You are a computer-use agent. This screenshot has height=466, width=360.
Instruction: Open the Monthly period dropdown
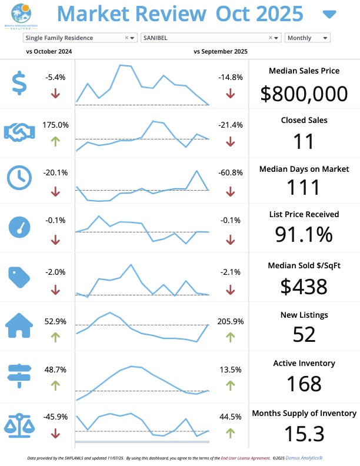pyautogui.click(x=307, y=38)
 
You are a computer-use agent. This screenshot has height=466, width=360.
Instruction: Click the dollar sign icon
pyautogui.click(x=19, y=83)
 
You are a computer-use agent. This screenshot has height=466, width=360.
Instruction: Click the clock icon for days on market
pyautogui.click(x=19, y=177)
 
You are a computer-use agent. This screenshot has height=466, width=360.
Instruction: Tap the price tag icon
pyautogui.click(x=19, y=277)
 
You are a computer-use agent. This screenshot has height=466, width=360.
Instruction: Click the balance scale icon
pyautogui.click(x=19, y=424)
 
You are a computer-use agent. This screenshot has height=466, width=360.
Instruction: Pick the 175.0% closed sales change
pyautogui.click(x=55, y=125)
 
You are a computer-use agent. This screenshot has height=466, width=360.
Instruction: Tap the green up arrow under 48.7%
pyautogui.click(x=55, y=385)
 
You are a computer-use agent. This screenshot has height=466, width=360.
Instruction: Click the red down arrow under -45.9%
pyautogui.click(x=55, y=434)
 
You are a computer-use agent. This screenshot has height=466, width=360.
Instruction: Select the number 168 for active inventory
pyautogui.click(x=304, y=384)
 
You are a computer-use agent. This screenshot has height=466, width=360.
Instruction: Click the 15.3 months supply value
pyautogui.click(x=304, y=434)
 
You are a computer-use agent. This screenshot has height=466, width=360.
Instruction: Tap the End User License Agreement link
pyautogui.click(x=243, y=457)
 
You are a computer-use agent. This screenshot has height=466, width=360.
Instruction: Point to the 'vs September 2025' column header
pyautogui.click(x=220, y=52)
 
